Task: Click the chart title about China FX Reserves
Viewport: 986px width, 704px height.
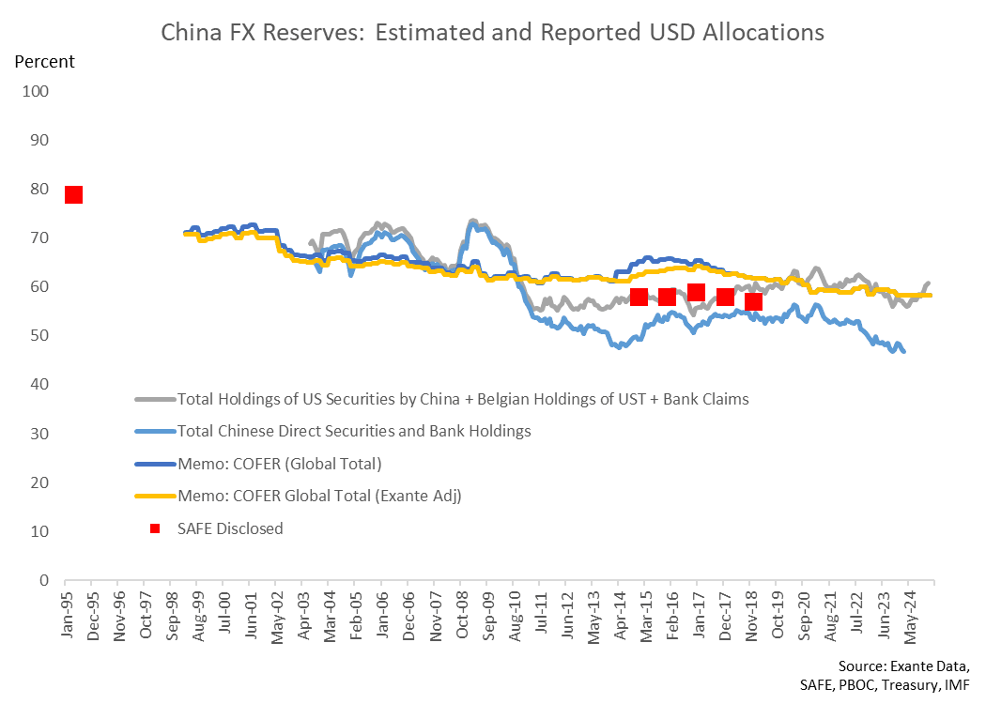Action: click(x=493, y=32)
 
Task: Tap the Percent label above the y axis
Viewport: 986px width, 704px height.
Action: click(x=44, y=62)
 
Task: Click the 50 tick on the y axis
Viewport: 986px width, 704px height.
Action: click(x=39, y=336)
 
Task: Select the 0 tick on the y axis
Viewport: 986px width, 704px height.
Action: click(x=43, y=580)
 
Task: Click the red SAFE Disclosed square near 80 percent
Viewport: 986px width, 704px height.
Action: click(x=73, y=194)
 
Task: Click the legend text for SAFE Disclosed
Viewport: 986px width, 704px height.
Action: click(x=230, y=528)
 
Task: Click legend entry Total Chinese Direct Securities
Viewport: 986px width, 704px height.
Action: click(x=354, y=431)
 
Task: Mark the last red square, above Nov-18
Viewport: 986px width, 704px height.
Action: click(x=753, y=301)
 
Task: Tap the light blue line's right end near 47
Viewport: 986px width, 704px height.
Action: click(x=903, y=351)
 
